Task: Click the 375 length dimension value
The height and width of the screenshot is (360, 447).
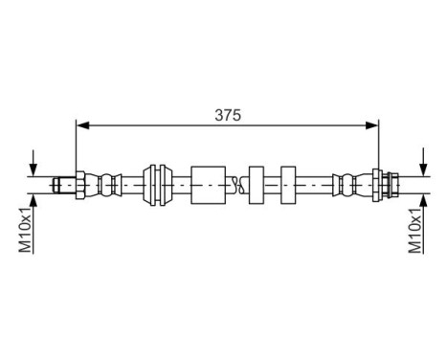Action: click(227, 114)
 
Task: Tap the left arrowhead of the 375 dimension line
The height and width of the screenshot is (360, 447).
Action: click(82, 124)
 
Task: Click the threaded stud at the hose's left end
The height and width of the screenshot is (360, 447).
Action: click(62, 184)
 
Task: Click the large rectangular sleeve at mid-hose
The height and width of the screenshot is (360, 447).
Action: click(209, 184)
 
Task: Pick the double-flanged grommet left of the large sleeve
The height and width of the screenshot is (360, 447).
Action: click(154, 184)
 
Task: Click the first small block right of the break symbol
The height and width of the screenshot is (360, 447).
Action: click(256, 184)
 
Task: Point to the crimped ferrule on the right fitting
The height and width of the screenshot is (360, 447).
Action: click(348, 184)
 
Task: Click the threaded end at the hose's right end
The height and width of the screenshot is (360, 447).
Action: click(392, 184)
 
